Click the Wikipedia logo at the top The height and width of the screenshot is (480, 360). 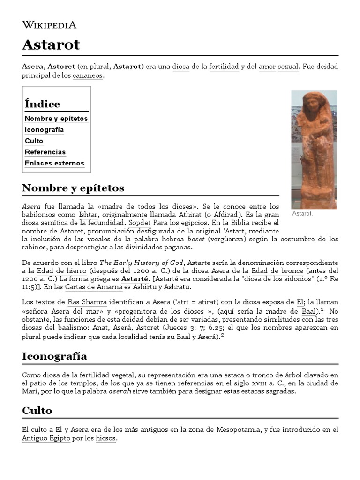point(49,25)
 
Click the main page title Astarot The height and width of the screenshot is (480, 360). point(51,45)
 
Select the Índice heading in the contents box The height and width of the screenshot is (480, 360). point(42,104)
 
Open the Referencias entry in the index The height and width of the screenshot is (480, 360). point(45,152)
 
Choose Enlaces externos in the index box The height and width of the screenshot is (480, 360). point(54,164)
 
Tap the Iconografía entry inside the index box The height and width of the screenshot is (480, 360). point(44,130)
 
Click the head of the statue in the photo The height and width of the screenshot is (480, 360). point(311,102)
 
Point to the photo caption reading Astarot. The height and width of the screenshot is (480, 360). point(302,214)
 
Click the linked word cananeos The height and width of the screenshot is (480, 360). point(87,76)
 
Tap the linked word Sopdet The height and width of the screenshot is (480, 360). point(140,223)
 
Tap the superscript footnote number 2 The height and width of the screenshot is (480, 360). point(223,335)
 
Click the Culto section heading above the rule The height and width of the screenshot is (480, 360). point(37,411)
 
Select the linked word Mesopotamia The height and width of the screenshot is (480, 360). point(238,430)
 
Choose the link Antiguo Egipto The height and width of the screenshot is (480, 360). point(46,439)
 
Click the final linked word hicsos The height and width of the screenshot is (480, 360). point(105,439)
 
